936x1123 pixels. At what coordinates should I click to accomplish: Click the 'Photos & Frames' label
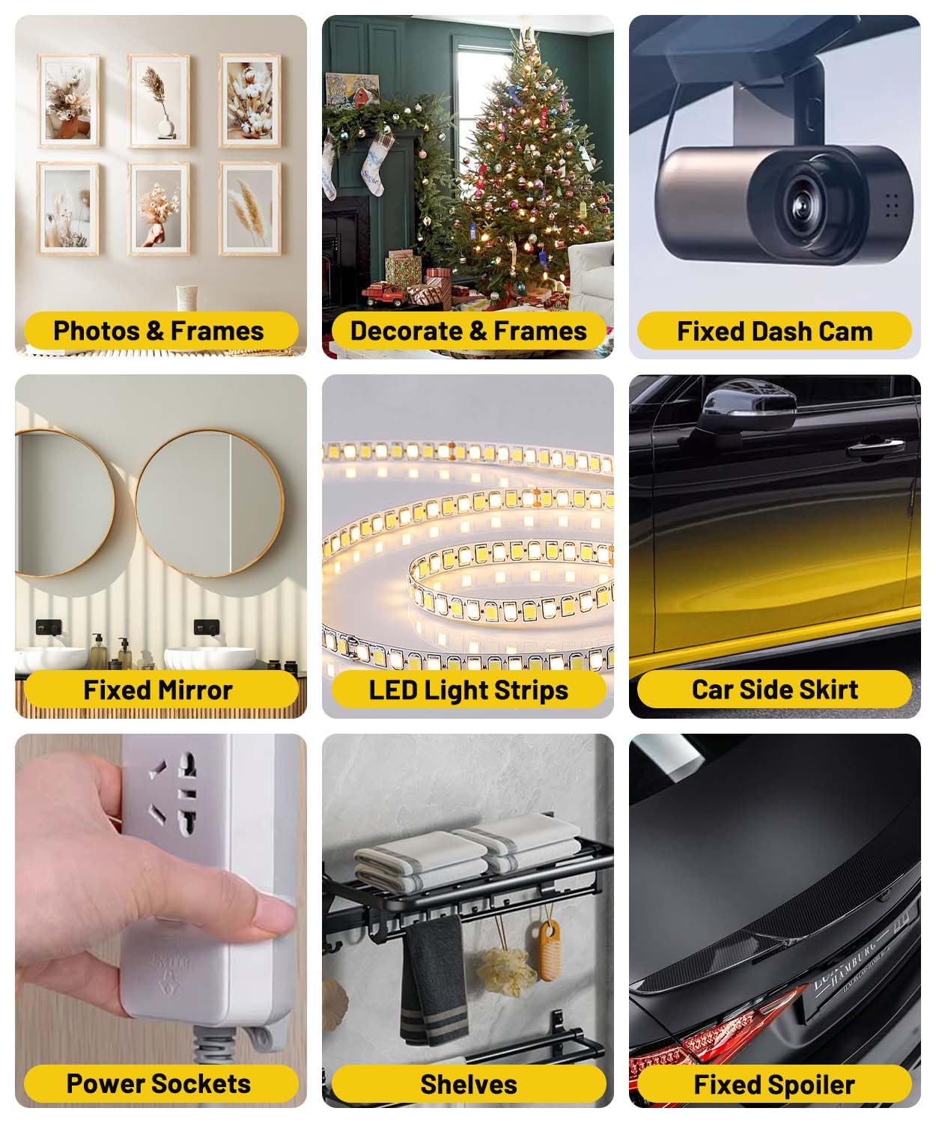(159, 331)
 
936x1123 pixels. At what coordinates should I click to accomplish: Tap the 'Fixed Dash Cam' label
(774, 332)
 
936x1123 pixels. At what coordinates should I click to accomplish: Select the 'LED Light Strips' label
(468, 690)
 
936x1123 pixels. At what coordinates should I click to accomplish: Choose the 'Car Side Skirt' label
(774, 689)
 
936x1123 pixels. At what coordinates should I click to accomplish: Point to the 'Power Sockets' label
(159, 1083)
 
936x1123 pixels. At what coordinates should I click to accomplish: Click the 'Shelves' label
(468, 1084)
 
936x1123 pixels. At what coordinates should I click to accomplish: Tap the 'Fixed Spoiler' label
(774, 1084)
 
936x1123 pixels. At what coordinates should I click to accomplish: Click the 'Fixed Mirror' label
(158, 690)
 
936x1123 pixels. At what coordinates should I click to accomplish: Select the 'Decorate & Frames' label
(468, 331)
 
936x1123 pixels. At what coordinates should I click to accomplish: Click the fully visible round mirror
(210, 503)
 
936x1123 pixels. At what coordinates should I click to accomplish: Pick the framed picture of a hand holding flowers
(158, 209)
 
